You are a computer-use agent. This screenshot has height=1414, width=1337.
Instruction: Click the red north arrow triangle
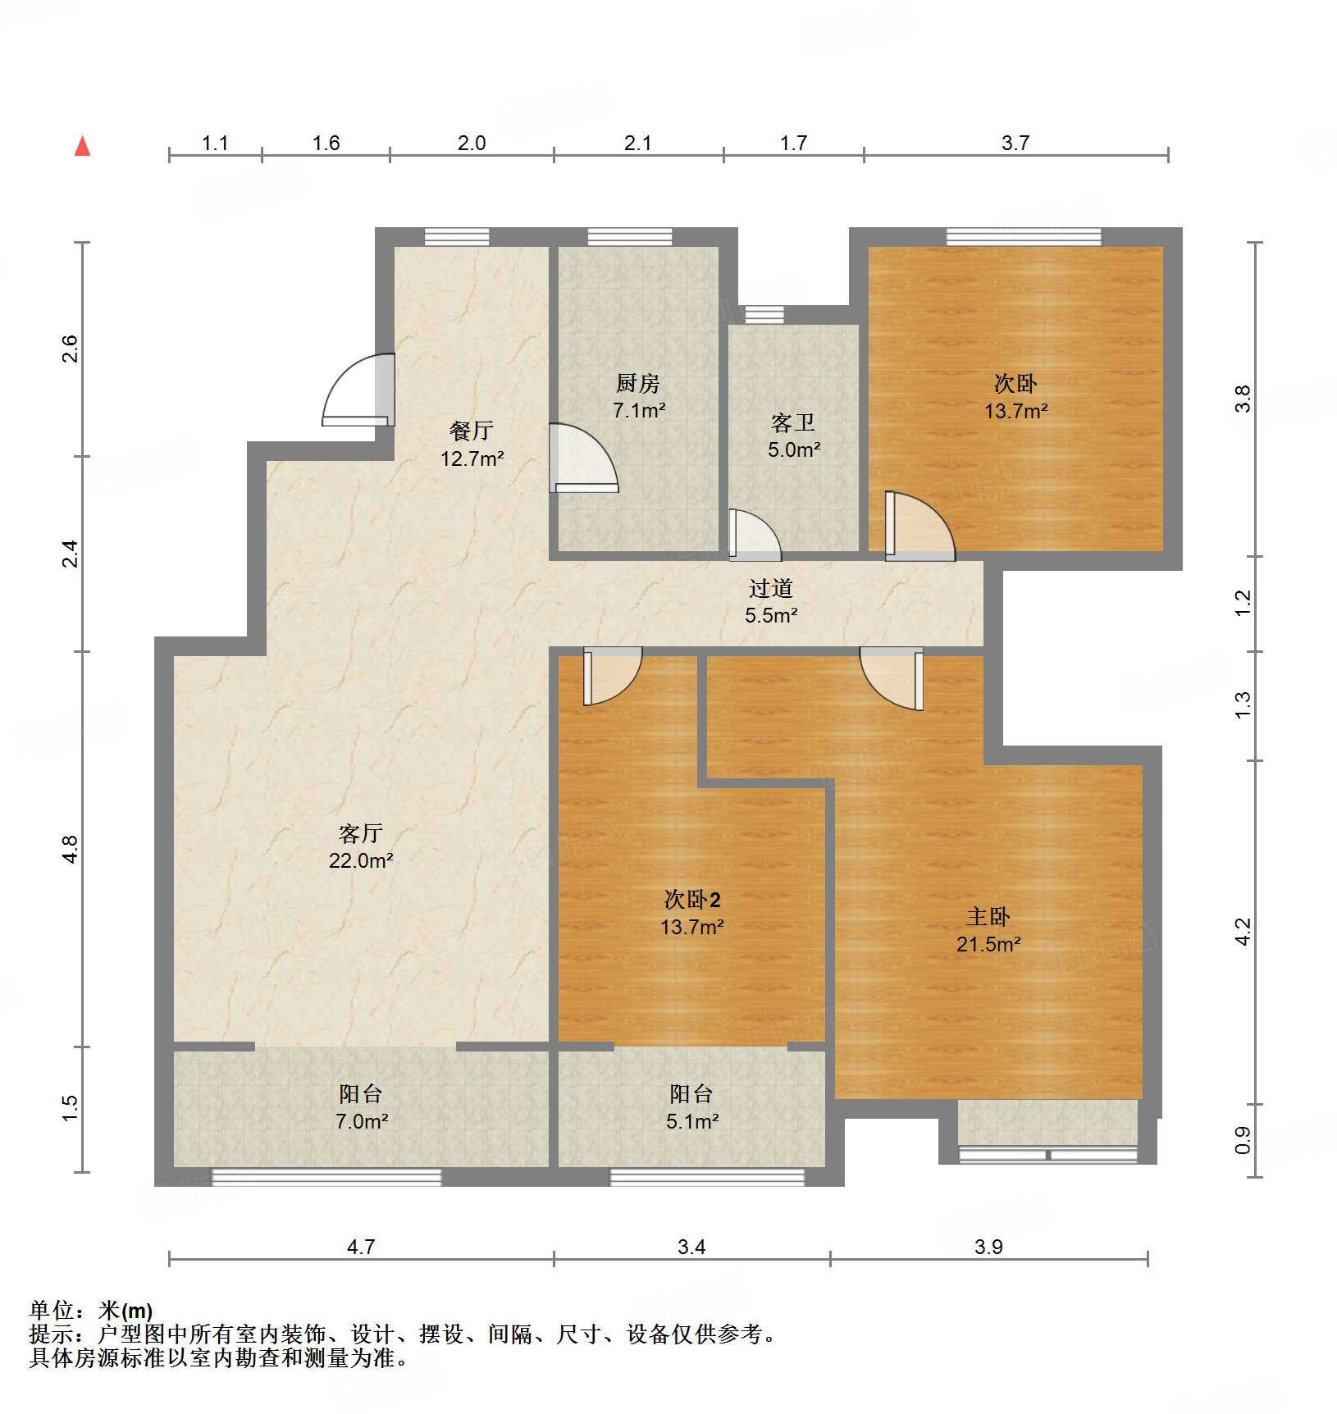(82, 146)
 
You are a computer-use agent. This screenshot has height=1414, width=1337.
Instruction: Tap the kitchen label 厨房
(637, 383)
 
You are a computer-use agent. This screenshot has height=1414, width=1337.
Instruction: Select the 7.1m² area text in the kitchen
(639, 410)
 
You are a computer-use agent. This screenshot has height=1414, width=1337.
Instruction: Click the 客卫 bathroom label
(793, 423)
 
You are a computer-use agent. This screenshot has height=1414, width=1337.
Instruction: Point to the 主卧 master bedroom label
(988, 917)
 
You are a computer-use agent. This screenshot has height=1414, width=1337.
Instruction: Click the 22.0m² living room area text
(361, 860)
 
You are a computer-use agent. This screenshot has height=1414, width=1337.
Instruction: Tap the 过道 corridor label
(771, 588)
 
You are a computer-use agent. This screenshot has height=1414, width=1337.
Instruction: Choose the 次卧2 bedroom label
(691, 900)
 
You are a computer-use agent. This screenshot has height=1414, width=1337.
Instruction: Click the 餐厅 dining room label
(472, 431)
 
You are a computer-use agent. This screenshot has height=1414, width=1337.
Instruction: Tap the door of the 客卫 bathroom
(754, 536)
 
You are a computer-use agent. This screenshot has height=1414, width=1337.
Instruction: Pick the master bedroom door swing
(892, 678)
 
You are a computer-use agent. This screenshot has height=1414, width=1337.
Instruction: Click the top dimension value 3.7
(1015, 144)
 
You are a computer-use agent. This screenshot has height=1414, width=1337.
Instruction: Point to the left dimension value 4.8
(71, 849)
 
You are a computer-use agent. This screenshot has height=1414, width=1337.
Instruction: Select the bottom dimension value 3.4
(691, 1248)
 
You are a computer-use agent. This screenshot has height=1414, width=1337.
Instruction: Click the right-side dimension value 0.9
(1243, 1140)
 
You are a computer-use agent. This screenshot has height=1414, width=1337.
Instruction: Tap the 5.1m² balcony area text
(692, 1121)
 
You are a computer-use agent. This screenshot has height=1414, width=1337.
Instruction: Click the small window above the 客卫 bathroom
(764, 314)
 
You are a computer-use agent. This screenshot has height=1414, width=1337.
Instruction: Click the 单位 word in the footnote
(51, 1310)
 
